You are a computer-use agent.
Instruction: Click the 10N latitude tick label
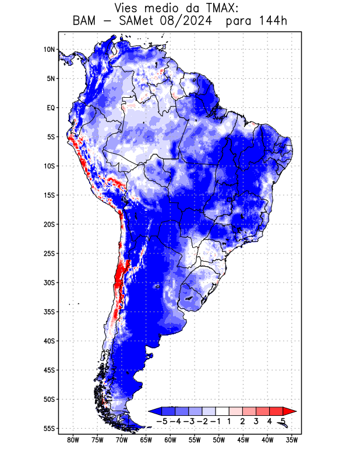point(49,50)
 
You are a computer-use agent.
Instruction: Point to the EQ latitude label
point(50,108)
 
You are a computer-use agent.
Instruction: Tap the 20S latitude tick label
point(49,224)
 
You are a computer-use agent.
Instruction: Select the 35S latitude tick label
point(49,312)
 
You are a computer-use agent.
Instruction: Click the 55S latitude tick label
point(49,428)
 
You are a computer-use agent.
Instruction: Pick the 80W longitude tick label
point(73,440)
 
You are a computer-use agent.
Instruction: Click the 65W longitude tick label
point(146,440)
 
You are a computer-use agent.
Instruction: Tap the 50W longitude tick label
point(219,440)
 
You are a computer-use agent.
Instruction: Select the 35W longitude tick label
point(292,440)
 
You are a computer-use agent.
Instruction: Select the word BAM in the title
point(85,22)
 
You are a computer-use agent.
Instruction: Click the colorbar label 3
point(256,421)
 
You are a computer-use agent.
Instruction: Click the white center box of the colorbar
point(222,411)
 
